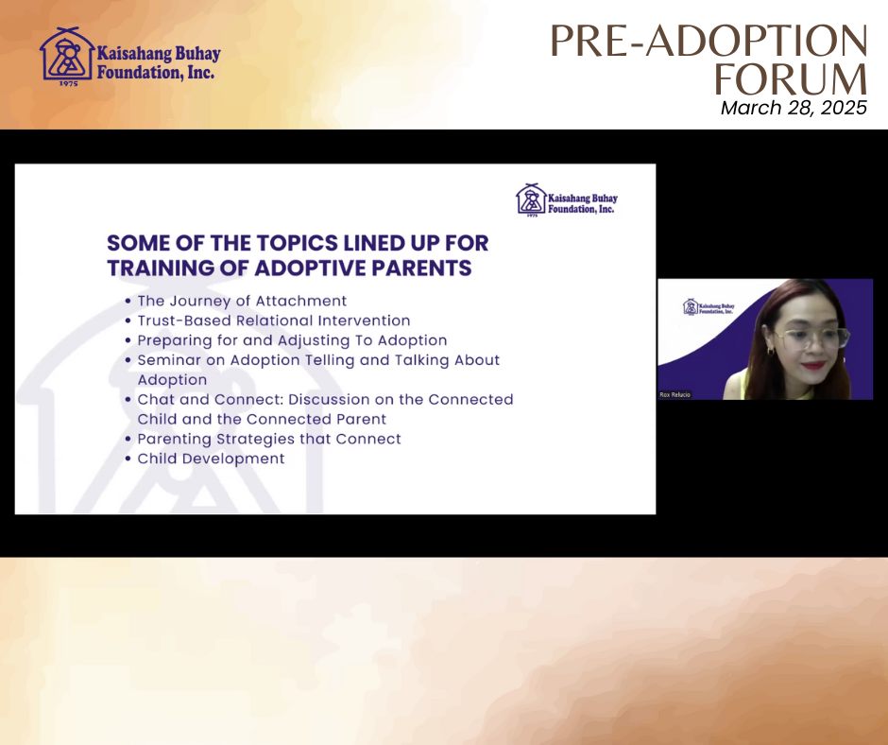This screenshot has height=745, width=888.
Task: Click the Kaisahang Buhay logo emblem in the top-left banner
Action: click(x=67, y=55)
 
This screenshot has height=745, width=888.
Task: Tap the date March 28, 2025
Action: click(x=794, y=108)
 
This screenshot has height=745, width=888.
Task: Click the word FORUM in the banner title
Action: click(x=791, y=78)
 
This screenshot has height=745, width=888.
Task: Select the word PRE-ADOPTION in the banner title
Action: click(x=709, y=41)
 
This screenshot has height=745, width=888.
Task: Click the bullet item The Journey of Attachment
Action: click(x=242, y=301)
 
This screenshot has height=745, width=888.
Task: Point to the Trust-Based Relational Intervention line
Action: click(x=274, y=321)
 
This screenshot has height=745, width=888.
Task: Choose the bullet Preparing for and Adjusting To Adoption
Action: click(x=292, y=340)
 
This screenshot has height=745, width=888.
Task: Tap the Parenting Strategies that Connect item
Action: click(x=269, y=439)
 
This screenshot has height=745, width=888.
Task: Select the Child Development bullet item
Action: click(x=211, y=459)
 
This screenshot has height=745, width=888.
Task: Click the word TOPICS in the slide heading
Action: click(x=297, y=243)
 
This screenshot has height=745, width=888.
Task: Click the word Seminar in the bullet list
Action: click(x=169, y=360)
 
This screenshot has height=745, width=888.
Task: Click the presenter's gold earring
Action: click(x=771, y=351)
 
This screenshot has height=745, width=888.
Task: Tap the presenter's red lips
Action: click(x=813, y=366)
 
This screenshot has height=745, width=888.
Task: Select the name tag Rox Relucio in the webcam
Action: click(x=675, y=394)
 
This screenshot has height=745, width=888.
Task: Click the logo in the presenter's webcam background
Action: click(x=709, y=306)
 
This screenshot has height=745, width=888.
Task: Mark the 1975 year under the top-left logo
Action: click(x=69, y=84)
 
